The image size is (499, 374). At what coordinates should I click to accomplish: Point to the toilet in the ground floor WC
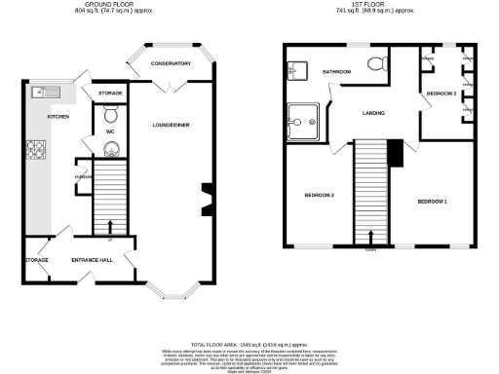[109, 114]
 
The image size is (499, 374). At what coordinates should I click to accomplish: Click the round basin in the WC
[109, 149]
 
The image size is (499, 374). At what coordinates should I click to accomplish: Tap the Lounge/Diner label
[171, 125]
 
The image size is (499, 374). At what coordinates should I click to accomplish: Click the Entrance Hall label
[93, 261]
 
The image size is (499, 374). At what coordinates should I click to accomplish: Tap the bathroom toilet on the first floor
[375, 65]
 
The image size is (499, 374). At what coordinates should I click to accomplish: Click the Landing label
[372, 114]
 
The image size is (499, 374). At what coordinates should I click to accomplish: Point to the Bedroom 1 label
[432, 202]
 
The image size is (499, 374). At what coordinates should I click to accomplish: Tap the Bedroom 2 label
[320, 196]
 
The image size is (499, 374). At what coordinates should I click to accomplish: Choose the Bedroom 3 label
[441, 93]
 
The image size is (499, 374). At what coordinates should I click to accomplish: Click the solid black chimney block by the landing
[394, 152]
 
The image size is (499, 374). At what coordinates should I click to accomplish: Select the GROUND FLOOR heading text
[102, 5]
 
